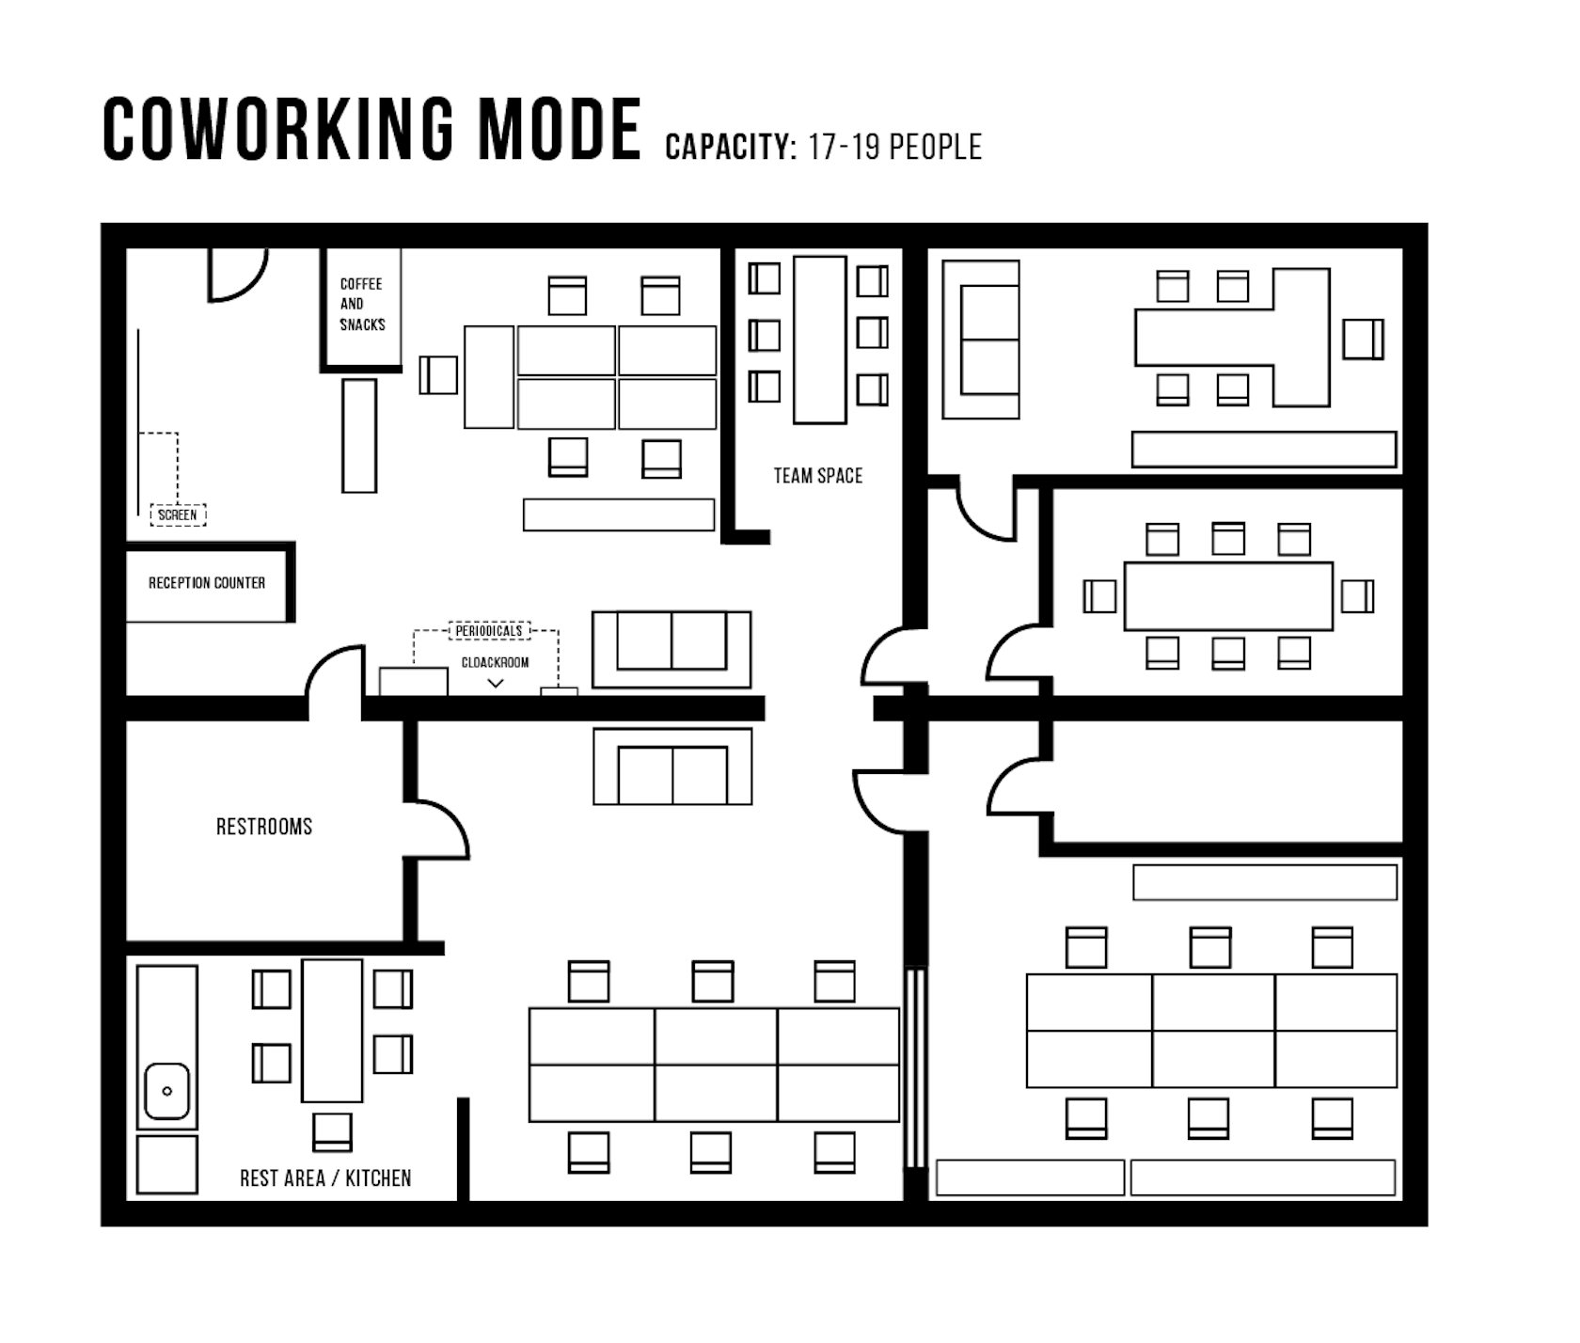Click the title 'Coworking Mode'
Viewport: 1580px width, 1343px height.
[371, 129]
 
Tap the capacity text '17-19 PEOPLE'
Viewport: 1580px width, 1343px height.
[894, 147]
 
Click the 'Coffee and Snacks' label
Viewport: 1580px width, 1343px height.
[362, 304]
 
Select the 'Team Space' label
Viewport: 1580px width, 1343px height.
[818, 476]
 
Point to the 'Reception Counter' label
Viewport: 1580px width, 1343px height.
[207, 583]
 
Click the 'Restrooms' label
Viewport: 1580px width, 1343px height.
[264, 827]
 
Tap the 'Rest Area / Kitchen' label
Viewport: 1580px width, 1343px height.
[325, 1178]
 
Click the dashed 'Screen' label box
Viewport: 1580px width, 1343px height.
[178, 514]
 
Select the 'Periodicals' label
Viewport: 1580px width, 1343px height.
[489, 630]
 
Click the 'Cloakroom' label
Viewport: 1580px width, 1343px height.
[495, 662]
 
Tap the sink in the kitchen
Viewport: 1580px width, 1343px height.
[167, 1091]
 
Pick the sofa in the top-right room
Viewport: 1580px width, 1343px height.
[981, 340]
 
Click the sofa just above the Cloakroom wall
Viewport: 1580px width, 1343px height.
[671, 649]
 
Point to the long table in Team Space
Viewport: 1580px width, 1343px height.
[820, 340]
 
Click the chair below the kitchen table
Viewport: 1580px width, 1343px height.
[332, 1131]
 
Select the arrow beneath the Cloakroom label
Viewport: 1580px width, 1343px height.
[496, 684]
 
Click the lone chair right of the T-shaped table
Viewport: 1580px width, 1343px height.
[1363, 339]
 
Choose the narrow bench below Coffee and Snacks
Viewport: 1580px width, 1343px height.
[359, 435]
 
